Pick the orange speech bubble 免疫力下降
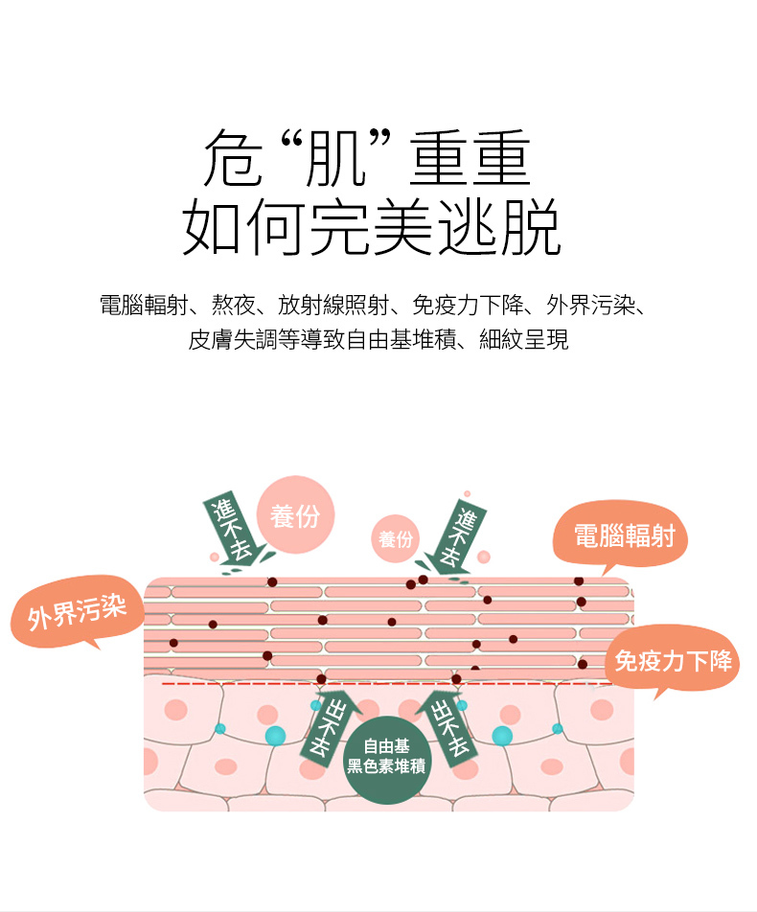click(x=673, y=660)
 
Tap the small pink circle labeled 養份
click(x=395, y=539)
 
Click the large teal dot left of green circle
click(x=276, y=736)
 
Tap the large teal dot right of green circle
click(x=501, y=736)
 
